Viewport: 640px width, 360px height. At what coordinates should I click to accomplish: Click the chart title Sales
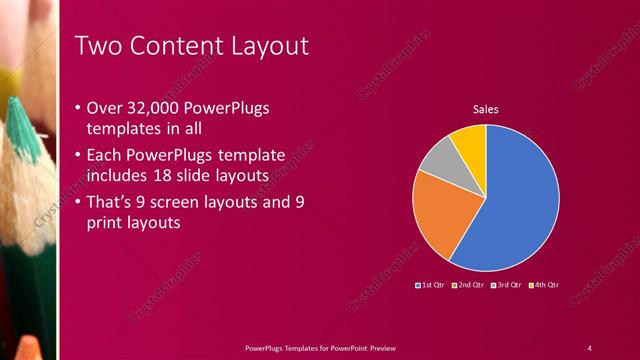point(486,109)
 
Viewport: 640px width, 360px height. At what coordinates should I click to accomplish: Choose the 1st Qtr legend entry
point(431,285)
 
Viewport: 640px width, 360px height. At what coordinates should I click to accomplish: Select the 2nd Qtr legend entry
point(469,285)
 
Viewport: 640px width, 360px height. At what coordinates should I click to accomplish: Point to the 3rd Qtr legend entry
point(506,285)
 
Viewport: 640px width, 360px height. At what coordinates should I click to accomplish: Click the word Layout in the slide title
point(261,46)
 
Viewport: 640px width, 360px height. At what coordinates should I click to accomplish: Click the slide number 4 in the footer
point(589,347)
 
